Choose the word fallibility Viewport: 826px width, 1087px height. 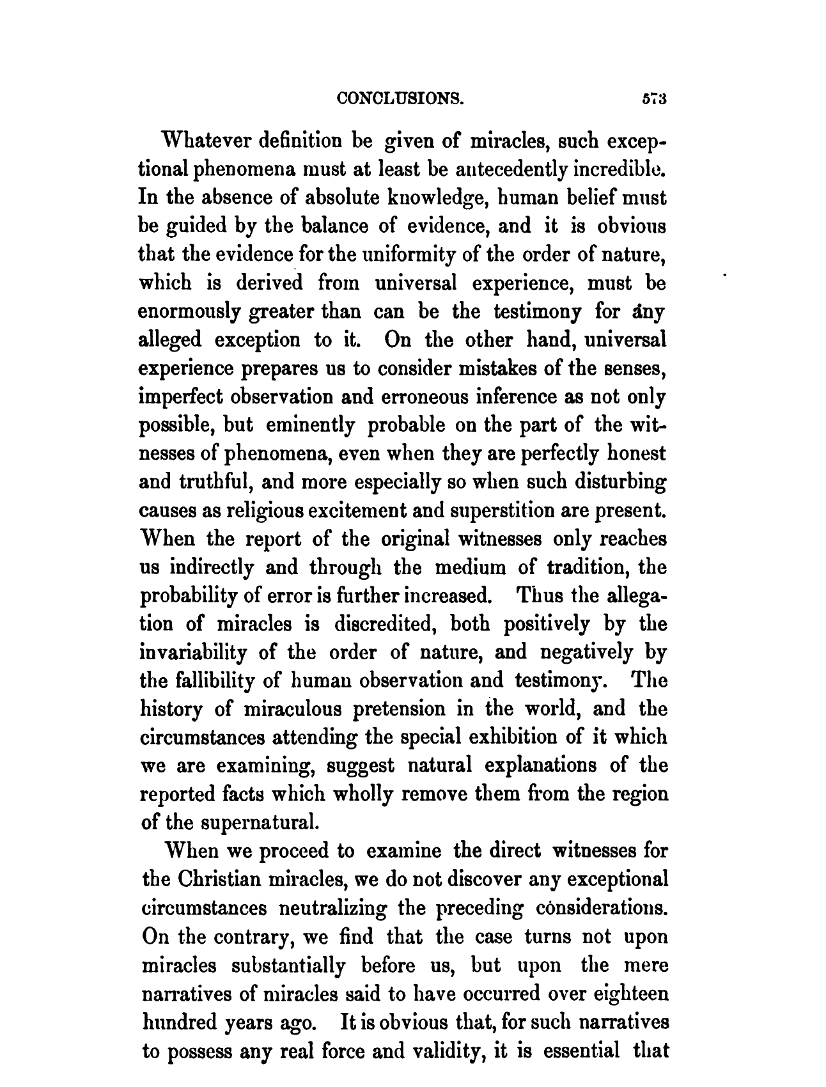point(211,681)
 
